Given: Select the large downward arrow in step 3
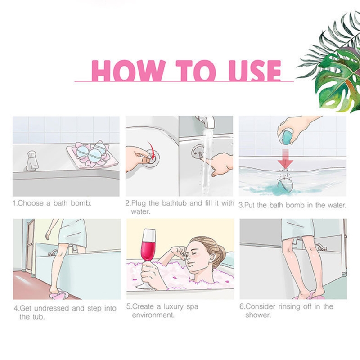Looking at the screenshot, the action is pyautogui.click(x=285, y=158).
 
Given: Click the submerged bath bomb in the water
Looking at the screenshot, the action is pyautogui.click(x=285, y=184).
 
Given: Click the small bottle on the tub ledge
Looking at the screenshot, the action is pyautogui.click(x=32, y=161).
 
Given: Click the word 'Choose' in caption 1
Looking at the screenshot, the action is pyautogui.click(x=31, y=203).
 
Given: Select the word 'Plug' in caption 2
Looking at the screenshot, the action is pyautogui.click(x=139, y=203).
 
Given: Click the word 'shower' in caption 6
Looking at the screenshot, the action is pyautogui.click(x=257, y=315).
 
